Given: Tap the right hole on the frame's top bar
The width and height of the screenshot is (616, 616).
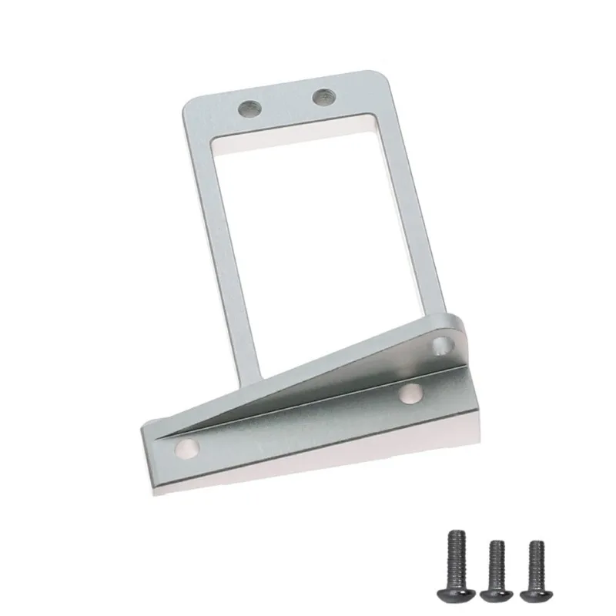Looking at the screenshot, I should click(x=322, y=97).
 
